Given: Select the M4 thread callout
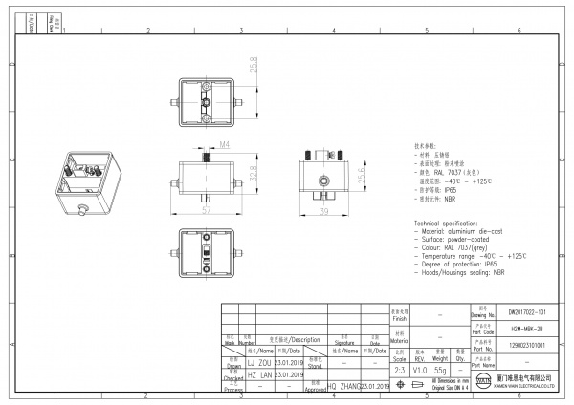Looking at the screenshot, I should (198, 145).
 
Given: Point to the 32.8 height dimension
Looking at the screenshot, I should (254, 177).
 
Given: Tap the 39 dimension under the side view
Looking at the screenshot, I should (323, 212).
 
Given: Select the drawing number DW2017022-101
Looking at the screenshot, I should (527, 312).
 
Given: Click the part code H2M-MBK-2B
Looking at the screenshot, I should (527, 329).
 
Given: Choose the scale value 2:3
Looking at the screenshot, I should (399, 369).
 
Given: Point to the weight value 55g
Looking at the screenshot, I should (440, 369).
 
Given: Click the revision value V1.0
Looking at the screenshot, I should (420, 369).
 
